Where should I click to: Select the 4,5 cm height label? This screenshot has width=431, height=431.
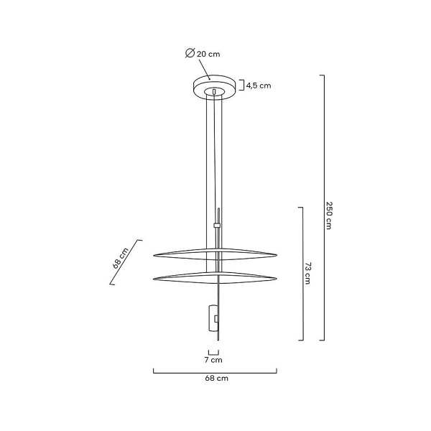(259, 85)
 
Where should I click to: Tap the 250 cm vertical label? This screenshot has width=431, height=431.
(329, 214)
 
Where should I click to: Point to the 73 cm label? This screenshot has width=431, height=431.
(307, 274)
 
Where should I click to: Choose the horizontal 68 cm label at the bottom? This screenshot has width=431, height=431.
(216, 378)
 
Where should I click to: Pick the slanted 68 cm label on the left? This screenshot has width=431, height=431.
(121, 257)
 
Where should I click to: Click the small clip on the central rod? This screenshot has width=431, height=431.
(218, 226)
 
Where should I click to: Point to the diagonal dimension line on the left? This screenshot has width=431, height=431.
(126, 262)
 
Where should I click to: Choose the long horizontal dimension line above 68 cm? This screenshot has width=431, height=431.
(215, 371)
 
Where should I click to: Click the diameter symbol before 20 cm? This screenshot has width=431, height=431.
(189, 54)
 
